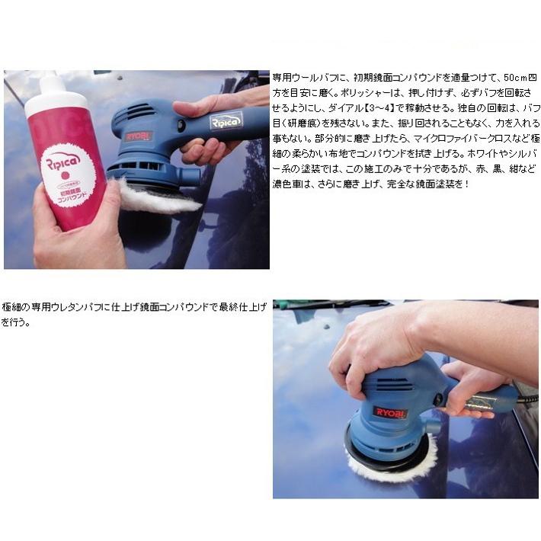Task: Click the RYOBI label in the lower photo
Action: coord(390,412)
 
